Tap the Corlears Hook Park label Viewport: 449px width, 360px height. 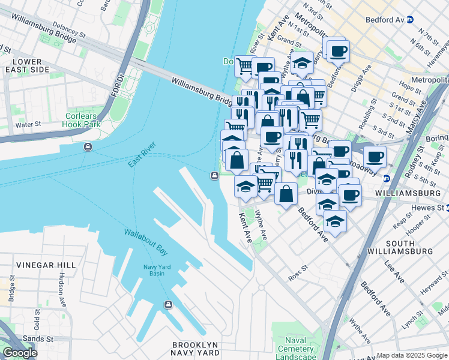[x=84, y=120]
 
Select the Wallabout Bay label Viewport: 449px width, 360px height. [x=145, y=240]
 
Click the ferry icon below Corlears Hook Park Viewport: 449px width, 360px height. [x=88, y=147]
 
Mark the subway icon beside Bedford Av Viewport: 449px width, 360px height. [x=410, y=19]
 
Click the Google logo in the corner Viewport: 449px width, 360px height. [x=20, y=353]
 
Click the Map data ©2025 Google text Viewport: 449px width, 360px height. [x=411, y=355]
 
